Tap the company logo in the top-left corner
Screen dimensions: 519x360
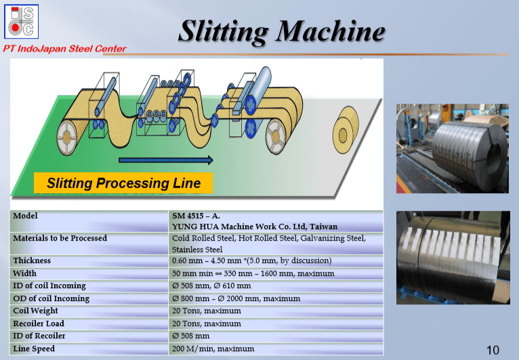[x=20, y=21]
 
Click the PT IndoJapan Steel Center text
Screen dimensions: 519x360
[x=64, y=48]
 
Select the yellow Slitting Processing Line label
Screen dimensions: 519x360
[x=123, y=183]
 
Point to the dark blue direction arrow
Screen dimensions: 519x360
[x=166, y=160]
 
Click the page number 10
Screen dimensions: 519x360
[x=493, y=350]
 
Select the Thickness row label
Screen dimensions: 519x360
[x=32, y=261]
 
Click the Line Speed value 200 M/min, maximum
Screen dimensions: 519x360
[x=213, y=348]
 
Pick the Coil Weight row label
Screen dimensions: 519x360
[x=35, y=311]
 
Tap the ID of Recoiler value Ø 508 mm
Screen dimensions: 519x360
[x=190, y=336]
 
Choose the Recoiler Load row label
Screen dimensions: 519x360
[x=39, y=323]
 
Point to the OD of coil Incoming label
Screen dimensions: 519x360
[x=51, y=298]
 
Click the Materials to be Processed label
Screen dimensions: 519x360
[x=60, y=238]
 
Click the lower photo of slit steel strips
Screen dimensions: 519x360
[x=452, y=256]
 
